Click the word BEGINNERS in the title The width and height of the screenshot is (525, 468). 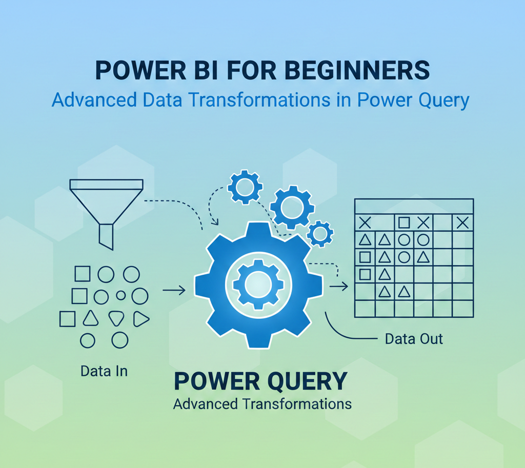click(357, 70)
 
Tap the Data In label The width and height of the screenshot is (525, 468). click(104, 371)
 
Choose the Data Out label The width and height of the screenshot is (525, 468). click(414, 339)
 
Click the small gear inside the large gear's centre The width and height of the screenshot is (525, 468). click(258, 284)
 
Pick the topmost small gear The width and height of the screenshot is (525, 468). click(245, 187)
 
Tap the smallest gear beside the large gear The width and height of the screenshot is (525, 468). click(320, 234)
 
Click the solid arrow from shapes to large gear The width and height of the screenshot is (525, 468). click(174, 290)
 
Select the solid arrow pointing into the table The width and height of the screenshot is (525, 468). click(338, 286)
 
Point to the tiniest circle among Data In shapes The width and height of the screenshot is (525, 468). click(121, 295)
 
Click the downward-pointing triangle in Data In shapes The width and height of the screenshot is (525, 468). click(116, 318)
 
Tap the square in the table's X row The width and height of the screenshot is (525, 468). click(404, 222)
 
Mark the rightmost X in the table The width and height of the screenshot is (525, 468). click(462, 222)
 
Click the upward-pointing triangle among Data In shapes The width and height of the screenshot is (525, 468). click(90, 318)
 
